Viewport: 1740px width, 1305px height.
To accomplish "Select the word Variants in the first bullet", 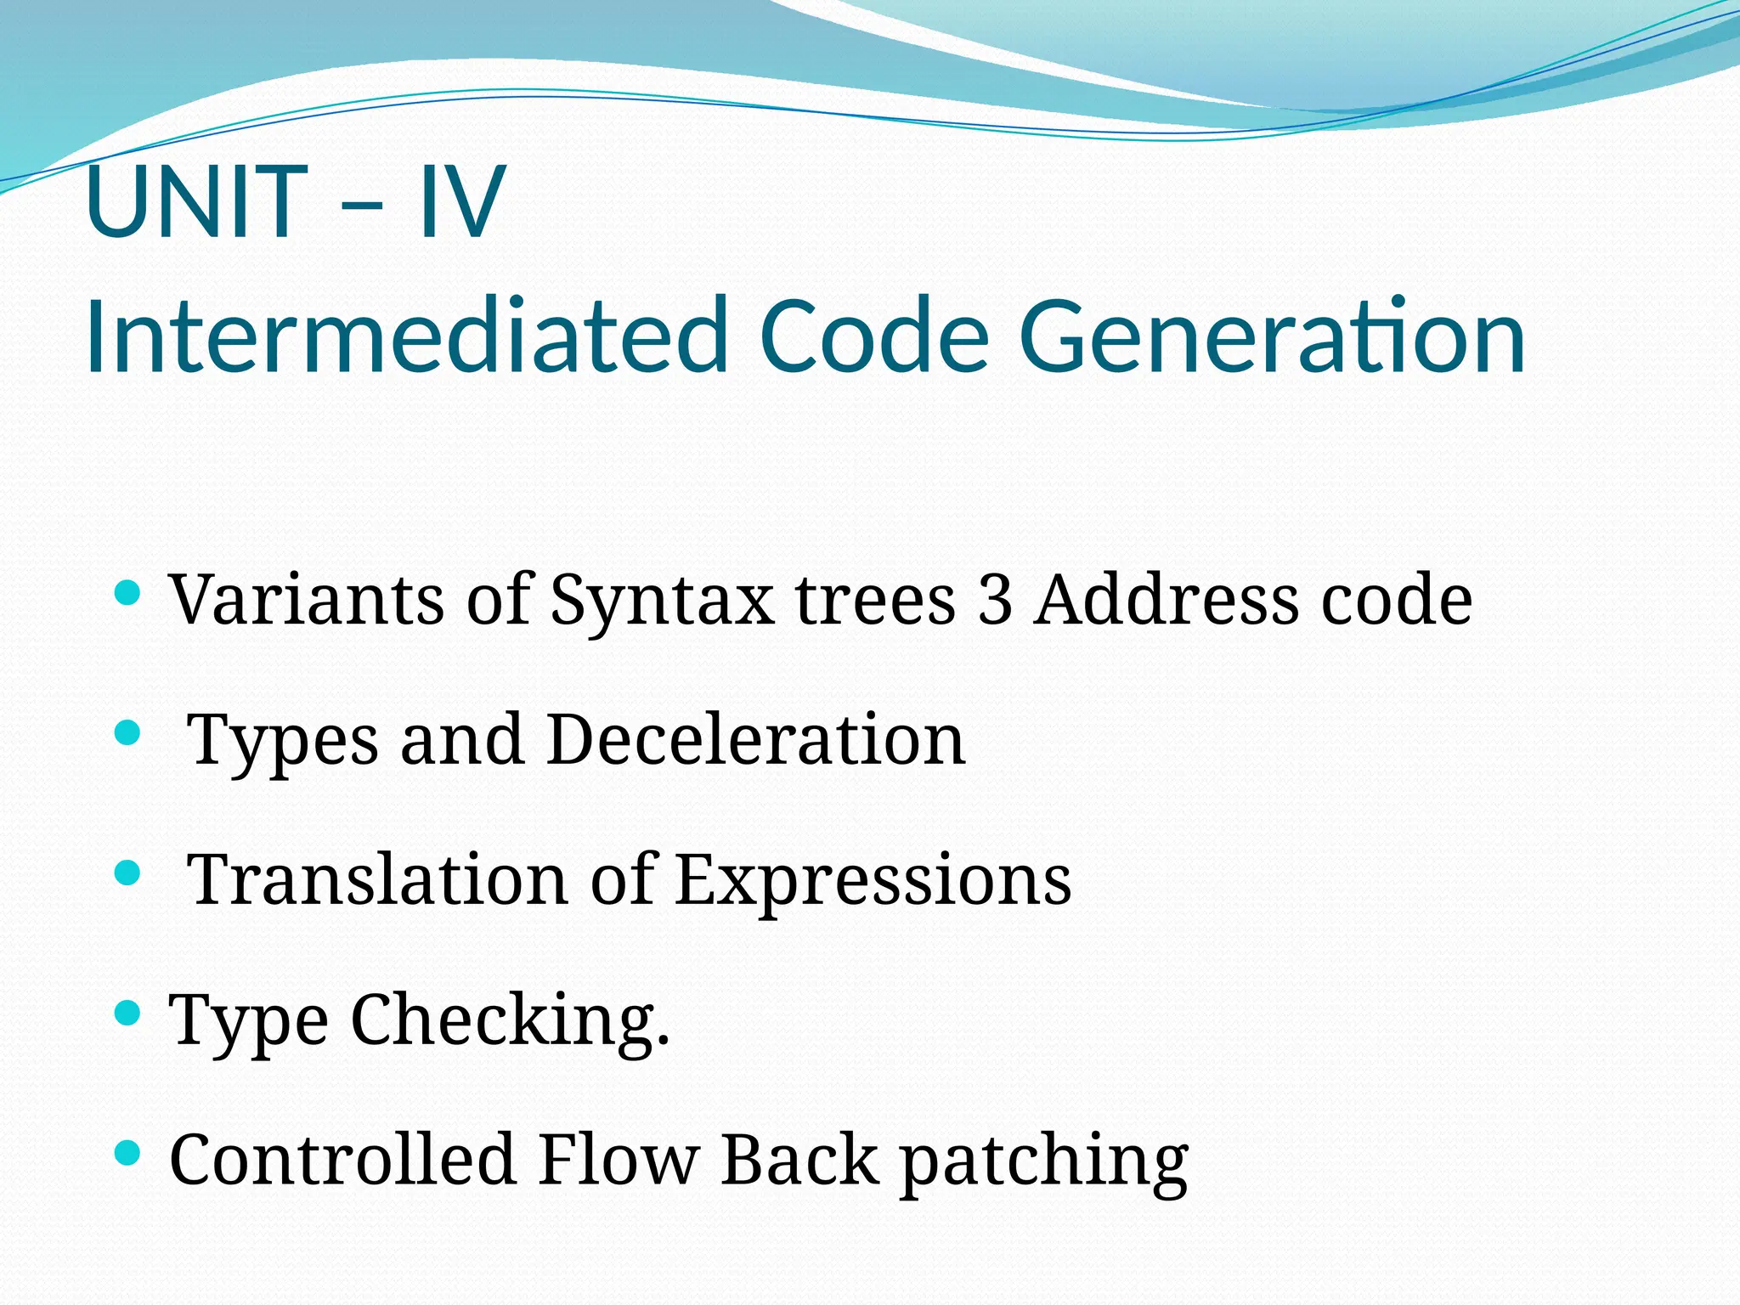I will pyautogui.click(x=307, y=600).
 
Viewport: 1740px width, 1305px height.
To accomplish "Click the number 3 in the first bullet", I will pyautogui.click(x=995, y=600).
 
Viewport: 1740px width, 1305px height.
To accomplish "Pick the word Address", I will pyautogui.click(x=1167, y=600).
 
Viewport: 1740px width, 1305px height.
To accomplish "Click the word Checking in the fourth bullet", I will pyautogui.click(x=510, y=1020).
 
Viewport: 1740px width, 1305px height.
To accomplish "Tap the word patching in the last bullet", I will pyautogui.click(x=1044, y=1164).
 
